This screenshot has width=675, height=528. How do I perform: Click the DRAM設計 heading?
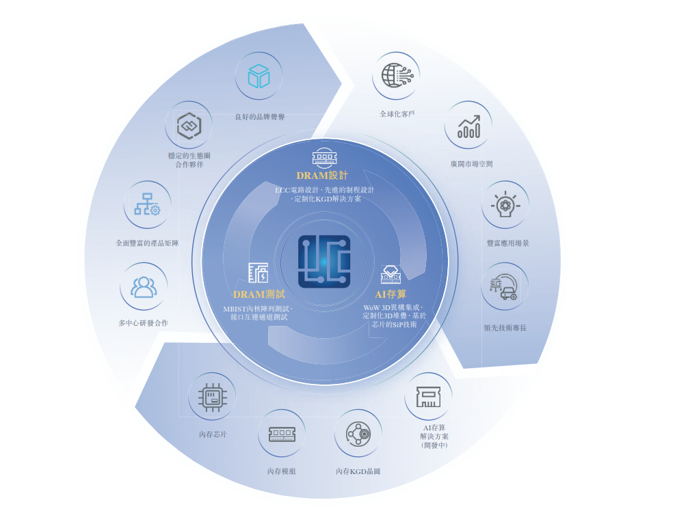tap(322, 176)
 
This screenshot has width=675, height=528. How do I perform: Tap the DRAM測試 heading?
tap(259, 294)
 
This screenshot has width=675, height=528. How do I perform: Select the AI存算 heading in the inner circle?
tap(391, 294)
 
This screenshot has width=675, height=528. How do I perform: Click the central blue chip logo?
tap(324, 261)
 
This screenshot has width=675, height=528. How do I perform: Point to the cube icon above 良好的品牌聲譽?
tap(259, 76)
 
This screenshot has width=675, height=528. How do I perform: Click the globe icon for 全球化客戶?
tap(396, 75)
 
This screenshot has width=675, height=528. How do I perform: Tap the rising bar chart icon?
tap(468, 126)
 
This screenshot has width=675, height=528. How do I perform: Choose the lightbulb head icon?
tap(505, 205)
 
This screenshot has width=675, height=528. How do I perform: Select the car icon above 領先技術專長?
tap(505, 287)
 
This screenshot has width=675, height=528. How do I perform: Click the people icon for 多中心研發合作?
tap(144, 286)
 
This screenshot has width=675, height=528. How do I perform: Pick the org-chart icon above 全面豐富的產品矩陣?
tap(147, 204)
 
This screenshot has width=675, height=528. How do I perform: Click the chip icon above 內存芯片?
tap(212, 396)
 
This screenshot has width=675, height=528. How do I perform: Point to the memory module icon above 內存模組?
tap(282, 434)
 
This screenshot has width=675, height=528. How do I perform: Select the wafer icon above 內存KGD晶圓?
tap(358, 434)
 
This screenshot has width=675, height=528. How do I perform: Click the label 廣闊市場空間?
tap(471, 164)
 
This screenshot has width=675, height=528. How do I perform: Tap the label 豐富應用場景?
tap(507, 243)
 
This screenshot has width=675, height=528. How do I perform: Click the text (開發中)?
tap(434, 445)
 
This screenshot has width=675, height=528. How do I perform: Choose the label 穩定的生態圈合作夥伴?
tap(189, 160)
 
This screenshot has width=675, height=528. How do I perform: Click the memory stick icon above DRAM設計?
tap(324, 158)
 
